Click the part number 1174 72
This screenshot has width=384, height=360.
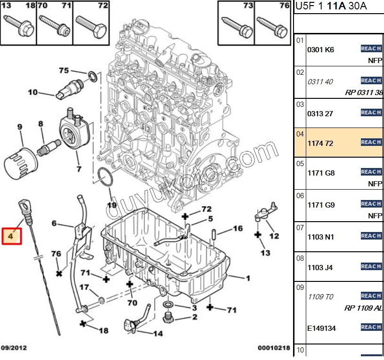pos(320,143)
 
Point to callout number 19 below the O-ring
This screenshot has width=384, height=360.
pos(112,205)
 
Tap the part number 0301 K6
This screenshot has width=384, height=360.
pos(320,49)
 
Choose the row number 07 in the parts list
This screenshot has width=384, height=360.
pos(300,228)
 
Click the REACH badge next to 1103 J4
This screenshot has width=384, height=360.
pos(371,266)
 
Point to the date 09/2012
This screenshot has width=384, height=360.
pos(14,348)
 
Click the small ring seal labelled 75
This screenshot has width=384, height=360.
pos(93,76)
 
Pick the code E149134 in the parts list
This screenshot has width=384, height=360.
pos(321,328)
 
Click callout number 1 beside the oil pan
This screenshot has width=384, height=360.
pos(248,278)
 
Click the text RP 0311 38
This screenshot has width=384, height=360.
pos(364,93)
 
